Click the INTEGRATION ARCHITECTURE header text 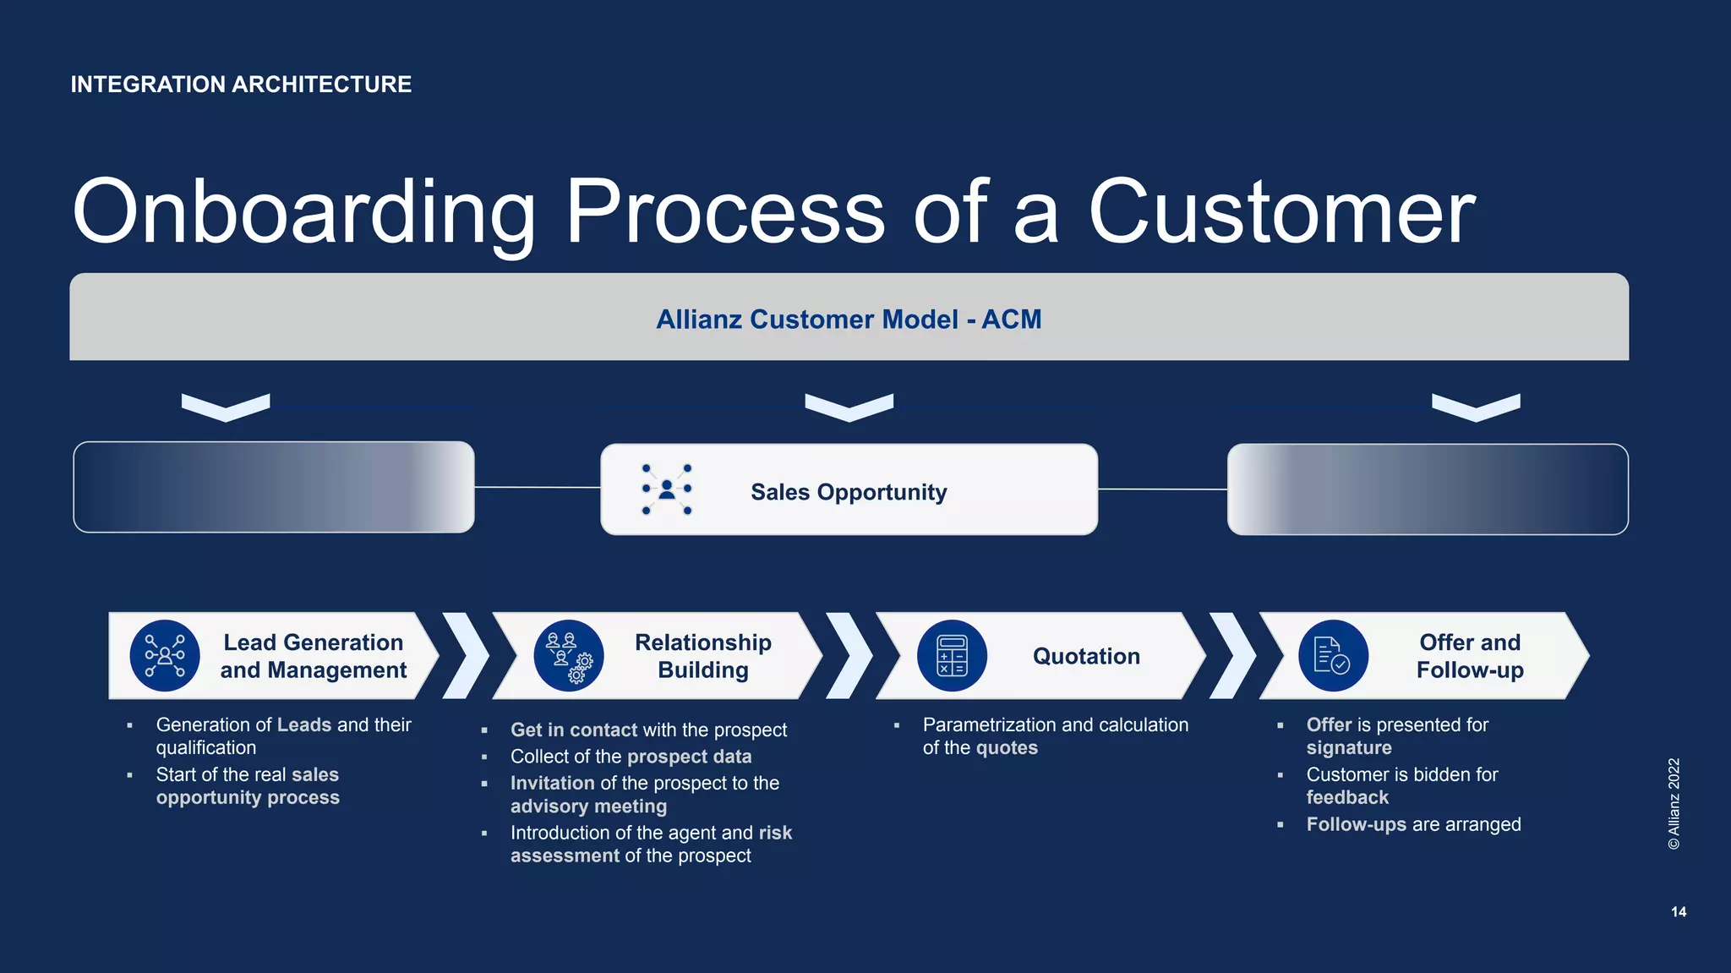point(241,85)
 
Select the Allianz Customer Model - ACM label point(849,320)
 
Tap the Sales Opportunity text point(849,492)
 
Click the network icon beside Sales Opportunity point(667,489)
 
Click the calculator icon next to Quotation point(952,656)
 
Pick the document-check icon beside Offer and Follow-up point(1333,656)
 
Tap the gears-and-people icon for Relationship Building point(569,656)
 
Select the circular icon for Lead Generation point(165,656)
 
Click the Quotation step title point(1086,656)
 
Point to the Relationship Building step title point(702,656)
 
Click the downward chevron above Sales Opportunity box point(849,407)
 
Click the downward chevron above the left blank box point(226,407)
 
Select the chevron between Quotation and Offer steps point(1233,656)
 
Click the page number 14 point(1679,911)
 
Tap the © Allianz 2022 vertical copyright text point(1674,803)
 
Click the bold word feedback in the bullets point(1347,797)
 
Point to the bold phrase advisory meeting point(588,806)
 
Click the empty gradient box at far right point(1428,489)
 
